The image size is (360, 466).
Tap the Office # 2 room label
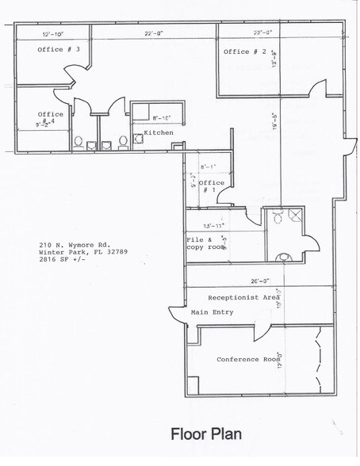(x=244, y=52)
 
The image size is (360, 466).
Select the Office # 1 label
(x=210, y=186)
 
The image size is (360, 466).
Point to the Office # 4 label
(x=50, y=119)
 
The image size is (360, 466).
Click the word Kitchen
(x=159, y=132)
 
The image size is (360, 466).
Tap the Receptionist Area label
(x=242, y=297)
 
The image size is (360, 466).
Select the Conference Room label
(x=248, y=359)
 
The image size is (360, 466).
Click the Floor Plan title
(x=206, y=434)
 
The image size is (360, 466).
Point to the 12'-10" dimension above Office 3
(x=53, y=33)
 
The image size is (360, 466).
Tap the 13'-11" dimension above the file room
(x=216, y=226)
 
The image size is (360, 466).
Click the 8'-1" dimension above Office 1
(x=209, y=166)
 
